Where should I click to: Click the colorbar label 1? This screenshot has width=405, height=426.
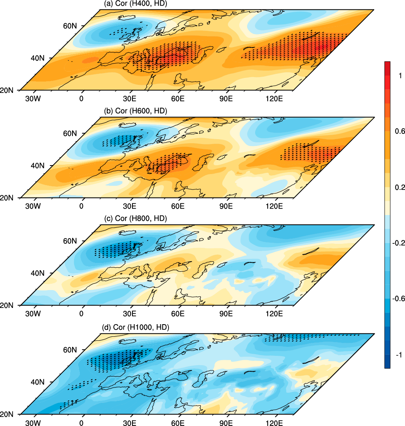pyautogui.click(x=400, y=75)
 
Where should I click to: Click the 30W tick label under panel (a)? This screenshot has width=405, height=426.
pyautogui.click(x=33, y=99)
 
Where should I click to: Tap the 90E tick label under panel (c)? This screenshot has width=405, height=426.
pyautogui.click(x=226, y=314)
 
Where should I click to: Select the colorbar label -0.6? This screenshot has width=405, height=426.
pyautogui.click(x=397, y=299)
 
